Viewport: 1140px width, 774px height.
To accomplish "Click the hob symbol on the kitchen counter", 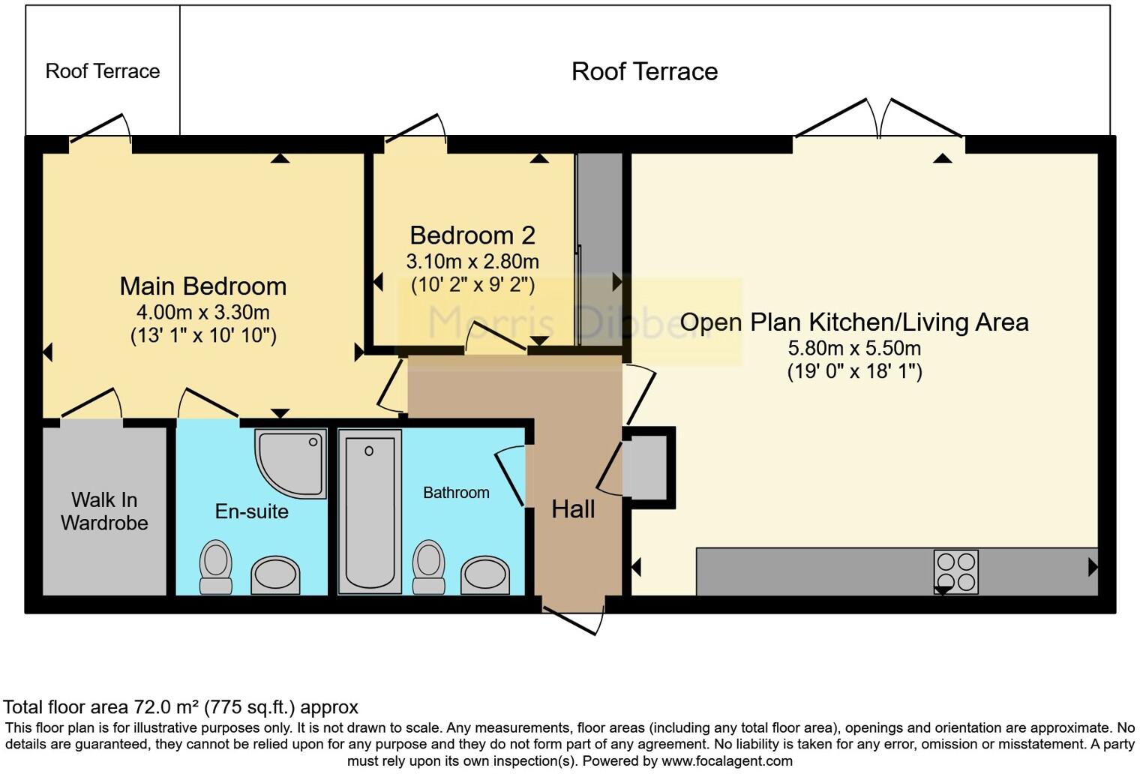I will [956, 572].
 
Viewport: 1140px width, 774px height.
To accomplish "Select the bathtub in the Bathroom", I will [369, 511].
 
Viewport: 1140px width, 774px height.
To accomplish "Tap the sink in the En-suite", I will [275, 575].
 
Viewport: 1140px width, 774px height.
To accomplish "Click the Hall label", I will [573, 509].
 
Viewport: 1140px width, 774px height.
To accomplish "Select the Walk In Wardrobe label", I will [104, 511].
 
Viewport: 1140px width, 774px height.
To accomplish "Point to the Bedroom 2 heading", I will [472, 235].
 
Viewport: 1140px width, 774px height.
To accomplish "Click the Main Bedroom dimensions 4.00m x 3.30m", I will [203, 312].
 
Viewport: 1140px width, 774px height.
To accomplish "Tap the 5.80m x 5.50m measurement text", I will [854, 348].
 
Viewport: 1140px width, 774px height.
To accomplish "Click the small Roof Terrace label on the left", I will [103, 71].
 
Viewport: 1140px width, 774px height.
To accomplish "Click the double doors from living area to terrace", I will [879, 120].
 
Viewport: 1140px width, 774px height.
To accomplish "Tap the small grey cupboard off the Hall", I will [646, 467].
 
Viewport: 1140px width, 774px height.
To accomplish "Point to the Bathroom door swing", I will [510, 476].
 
